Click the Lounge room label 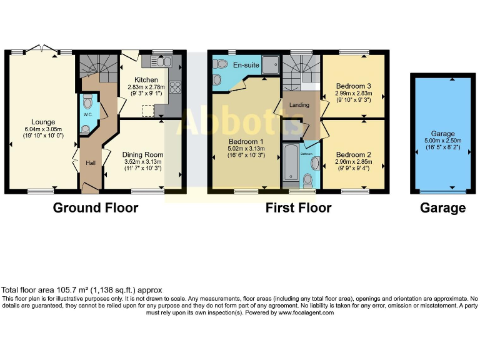44,122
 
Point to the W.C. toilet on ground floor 87,101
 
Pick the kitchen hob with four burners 175,87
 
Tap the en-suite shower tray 271,64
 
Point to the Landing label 299,105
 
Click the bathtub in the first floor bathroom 291,164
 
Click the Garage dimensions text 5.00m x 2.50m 442,141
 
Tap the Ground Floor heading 95,207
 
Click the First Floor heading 298,207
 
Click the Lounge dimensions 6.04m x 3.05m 44,129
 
